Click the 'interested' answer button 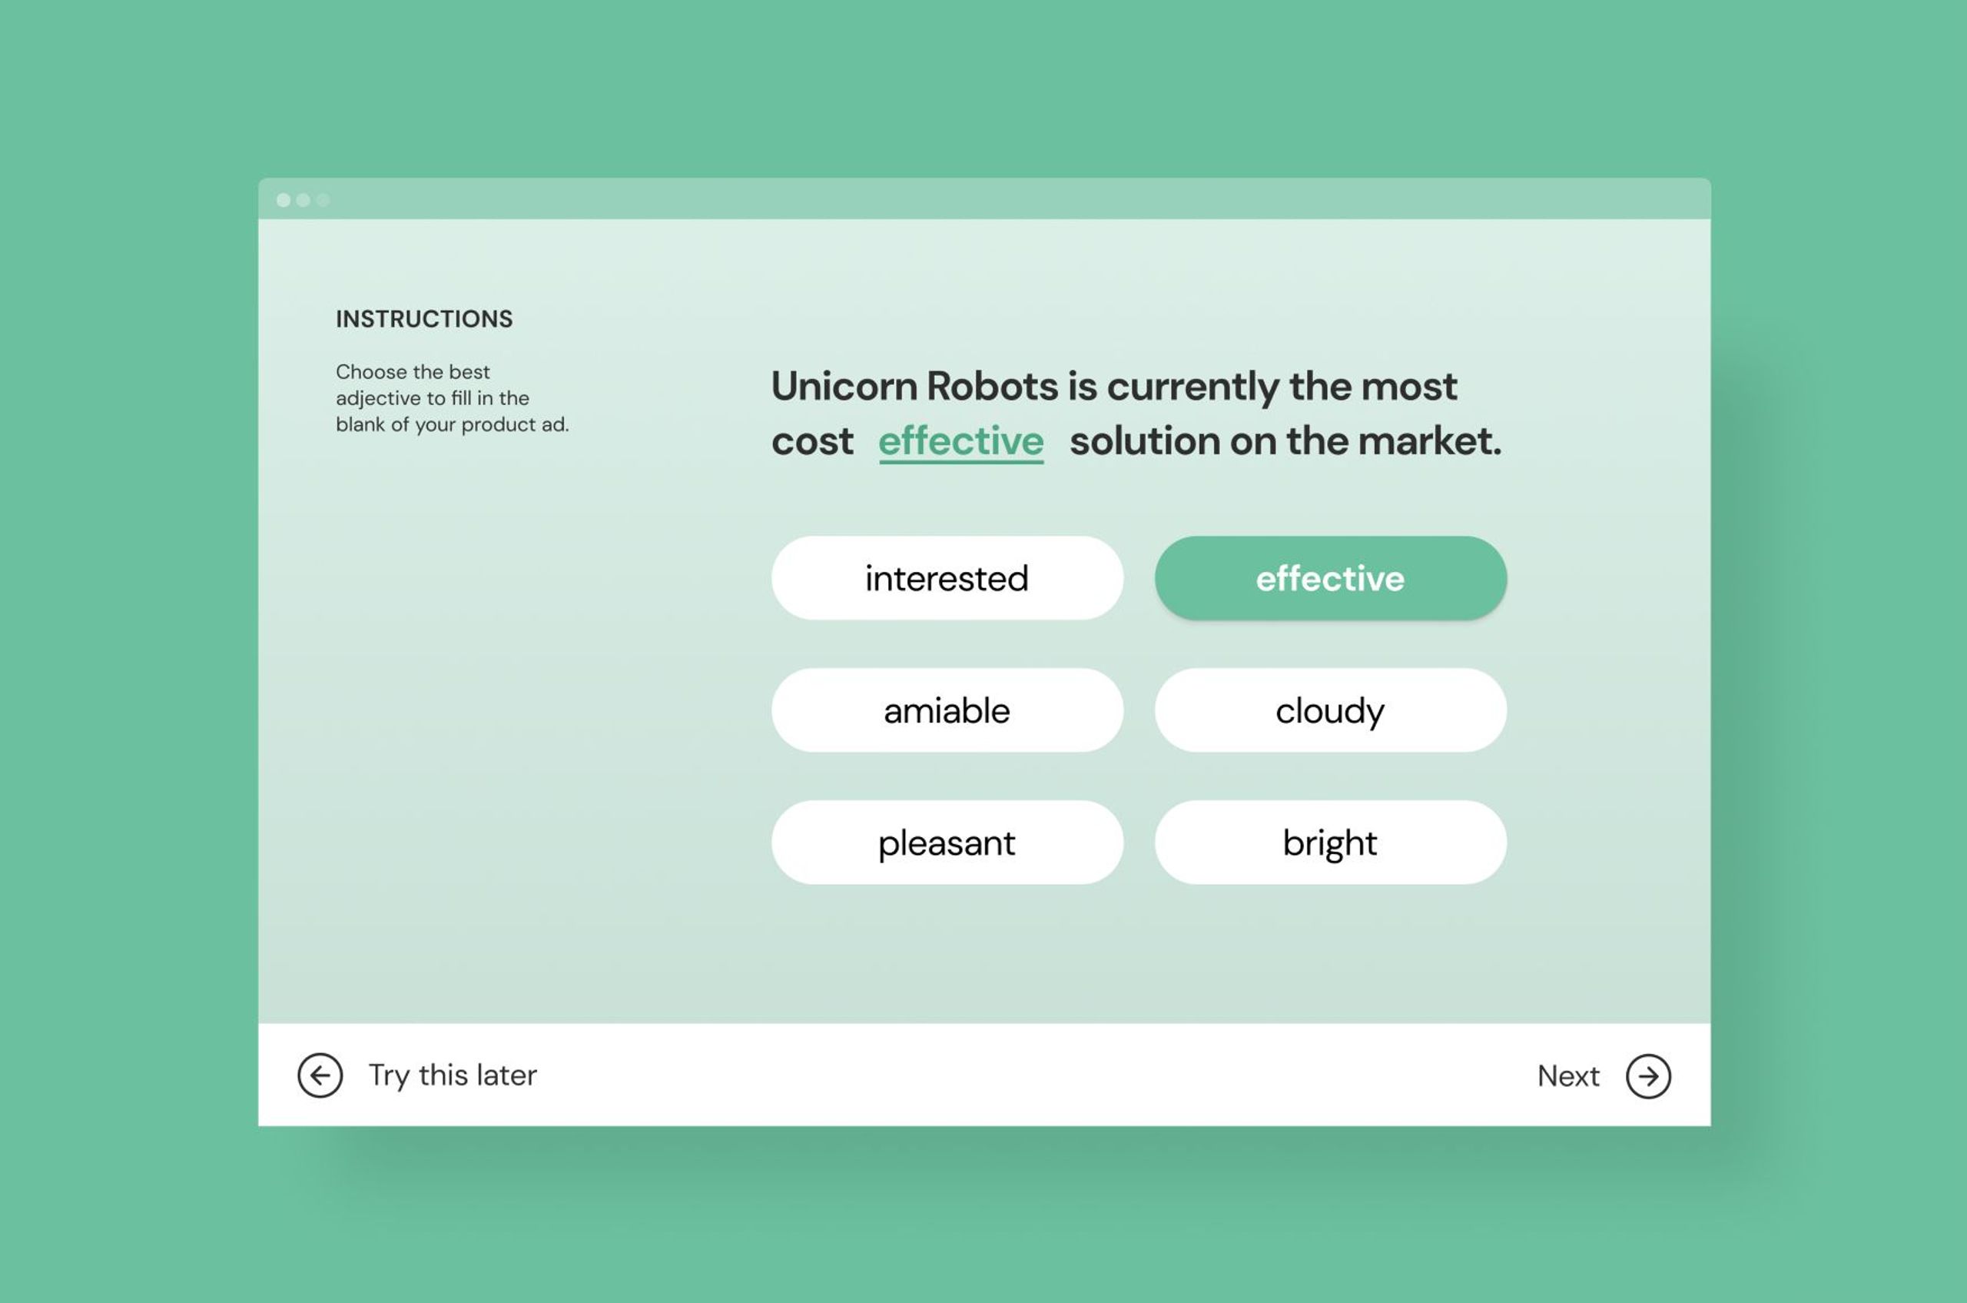[x=947, y=577]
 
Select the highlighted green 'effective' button [x=1331, y=577]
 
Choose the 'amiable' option [x=947, y=710]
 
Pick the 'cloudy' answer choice [x=1331, y=710]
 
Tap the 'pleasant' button [x=947, y=843]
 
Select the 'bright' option [x=1331, y=843]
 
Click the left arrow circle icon [x=320, y=1075]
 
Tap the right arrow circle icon [x=1649, y=1076]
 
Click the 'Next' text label [x=1568, y=1076]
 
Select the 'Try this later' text [x=453, y=1075]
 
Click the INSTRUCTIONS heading [x=424, y=319]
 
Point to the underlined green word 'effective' [x=961, y=441]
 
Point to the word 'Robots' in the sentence [x=993, y=387]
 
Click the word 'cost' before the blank [x=812, y=441]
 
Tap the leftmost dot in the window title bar [x=284, y=201]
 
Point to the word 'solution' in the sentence [x=1144, y=440]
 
